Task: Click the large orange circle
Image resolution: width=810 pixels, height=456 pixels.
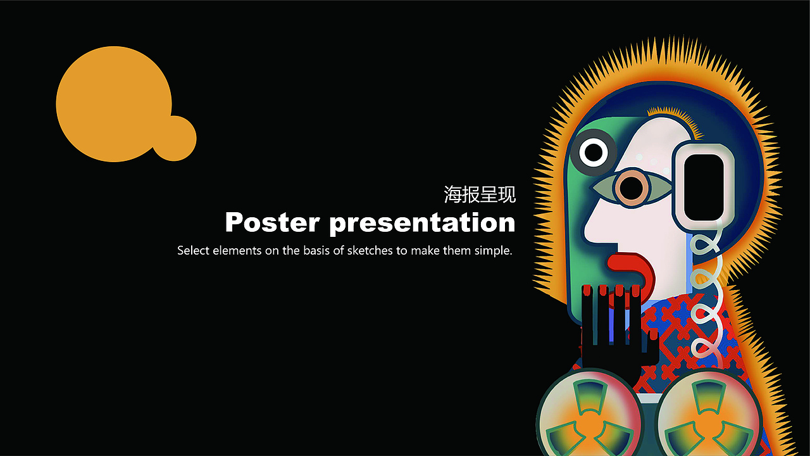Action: [x=114, y=103]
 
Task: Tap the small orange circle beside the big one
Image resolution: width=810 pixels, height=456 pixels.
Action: [x=175, y=138]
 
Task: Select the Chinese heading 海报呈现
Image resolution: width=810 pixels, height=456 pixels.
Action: [x=480, y=194]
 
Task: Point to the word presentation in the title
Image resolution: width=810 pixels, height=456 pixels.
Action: [x=422, y=223]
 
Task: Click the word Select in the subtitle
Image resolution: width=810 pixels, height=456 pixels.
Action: [x=193, y=250]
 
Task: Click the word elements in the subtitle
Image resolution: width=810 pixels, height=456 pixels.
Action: [x=237, y=250]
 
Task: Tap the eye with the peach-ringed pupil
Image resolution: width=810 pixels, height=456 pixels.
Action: [x=631, y=186]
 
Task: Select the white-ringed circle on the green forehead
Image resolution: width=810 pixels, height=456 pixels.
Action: [x=594, y=152]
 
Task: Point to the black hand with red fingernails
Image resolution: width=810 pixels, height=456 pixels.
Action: [x=614, y=329]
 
